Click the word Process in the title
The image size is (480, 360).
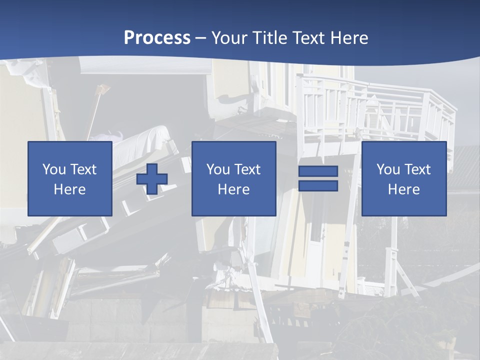[157, 38]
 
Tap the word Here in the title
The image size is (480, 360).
[348, 38]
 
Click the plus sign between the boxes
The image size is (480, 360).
[152, 178]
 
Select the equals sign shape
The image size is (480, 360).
[318, 178]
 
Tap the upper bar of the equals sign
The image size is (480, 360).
[318, 171]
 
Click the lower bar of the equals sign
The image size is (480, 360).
[318, 185]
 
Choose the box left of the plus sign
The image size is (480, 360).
[69, 178]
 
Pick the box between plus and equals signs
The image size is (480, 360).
[233, 178]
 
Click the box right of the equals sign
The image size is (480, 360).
[403, 178]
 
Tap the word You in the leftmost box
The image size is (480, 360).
[53, 169]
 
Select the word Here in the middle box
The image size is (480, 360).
[233, 189]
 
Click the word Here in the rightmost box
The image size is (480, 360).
[403, 189]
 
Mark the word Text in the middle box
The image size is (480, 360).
[247, 169]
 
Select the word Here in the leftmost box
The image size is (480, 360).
[69, 189]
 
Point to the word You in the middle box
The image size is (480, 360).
[217, 169]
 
